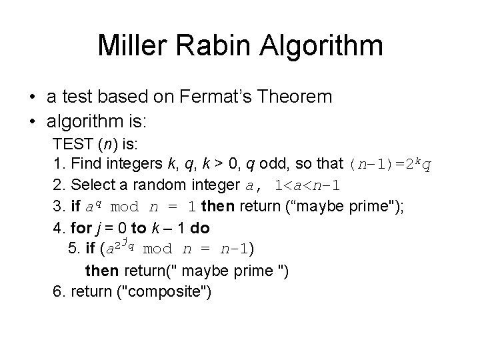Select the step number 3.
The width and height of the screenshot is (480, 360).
(56, 207)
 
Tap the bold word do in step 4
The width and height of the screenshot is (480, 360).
(200, 228)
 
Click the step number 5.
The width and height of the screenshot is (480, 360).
(72, 249)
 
